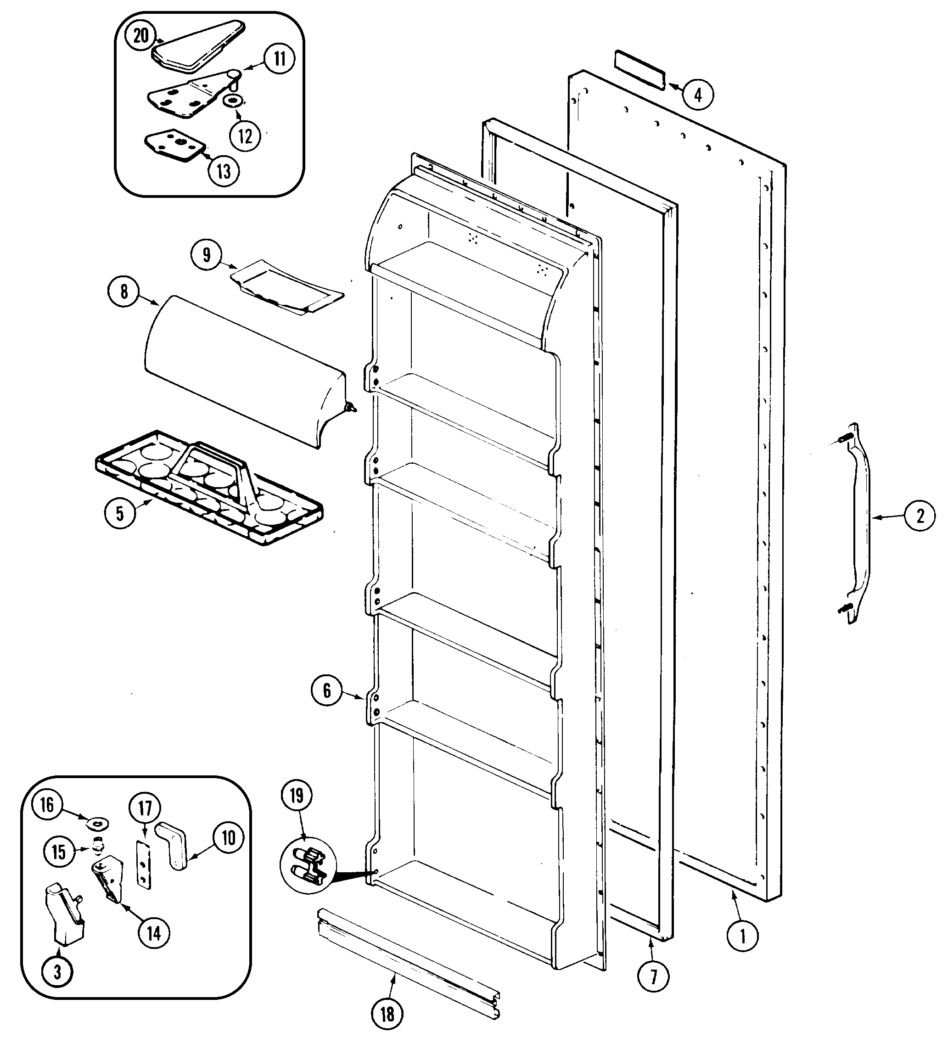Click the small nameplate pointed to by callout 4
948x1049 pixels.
click(639, 70)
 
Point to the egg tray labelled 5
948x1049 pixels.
click(208, 487)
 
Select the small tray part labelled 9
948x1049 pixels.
click(286, 289)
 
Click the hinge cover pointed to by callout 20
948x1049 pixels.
click(198, 47)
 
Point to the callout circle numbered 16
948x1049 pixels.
click(47, 806)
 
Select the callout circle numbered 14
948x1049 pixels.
click(154, 933)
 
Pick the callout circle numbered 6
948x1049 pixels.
click(327, 690)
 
